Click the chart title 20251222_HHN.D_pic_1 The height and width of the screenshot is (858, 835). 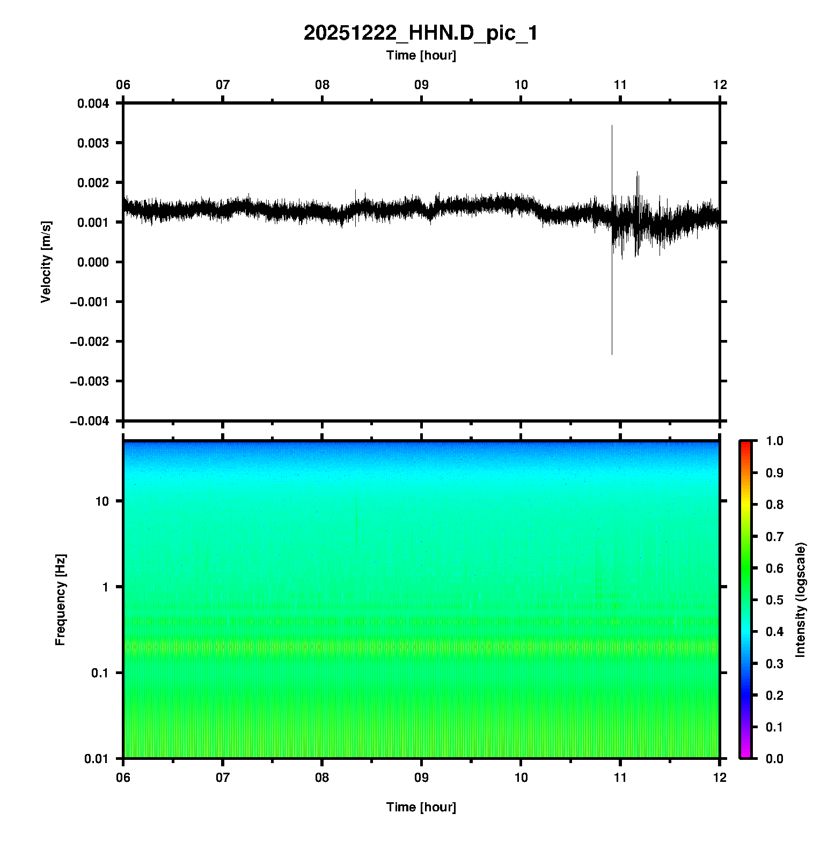[x=421, y=33]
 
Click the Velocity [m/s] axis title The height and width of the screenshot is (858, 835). [x=46, y=262]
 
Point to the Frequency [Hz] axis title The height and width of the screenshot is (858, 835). [x=60, y=600]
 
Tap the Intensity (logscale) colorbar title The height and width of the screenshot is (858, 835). [x=801, y=600]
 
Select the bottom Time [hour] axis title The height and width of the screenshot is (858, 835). [x=421, y=807]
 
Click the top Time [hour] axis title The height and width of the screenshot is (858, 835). [x=421, y=55]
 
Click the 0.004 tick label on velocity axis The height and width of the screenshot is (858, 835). [x=93, y=103]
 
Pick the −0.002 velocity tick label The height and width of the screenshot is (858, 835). [x=89, y=342]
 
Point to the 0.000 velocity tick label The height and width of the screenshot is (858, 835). [x=93, y=262]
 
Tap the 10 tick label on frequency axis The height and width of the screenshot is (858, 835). [x=102, y=502]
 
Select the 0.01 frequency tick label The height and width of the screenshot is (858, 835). [x=97, y=759]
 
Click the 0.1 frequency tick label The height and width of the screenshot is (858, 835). [x=100, y=673]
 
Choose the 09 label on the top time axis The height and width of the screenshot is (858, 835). [x=421, y=85]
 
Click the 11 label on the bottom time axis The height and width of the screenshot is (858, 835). [x=620, y=777]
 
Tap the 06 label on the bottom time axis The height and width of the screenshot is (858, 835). [x=123, y=777]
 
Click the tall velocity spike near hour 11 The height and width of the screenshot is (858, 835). [x=612, y=161]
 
